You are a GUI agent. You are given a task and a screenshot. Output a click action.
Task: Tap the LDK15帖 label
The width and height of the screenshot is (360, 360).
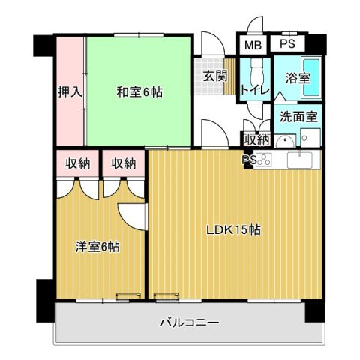tap(233, 230)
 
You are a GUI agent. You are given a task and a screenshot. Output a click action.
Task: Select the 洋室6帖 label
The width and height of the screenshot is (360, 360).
tap(97, 246)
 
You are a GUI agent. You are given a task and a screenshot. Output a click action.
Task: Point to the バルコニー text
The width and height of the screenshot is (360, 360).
tap(189, 323)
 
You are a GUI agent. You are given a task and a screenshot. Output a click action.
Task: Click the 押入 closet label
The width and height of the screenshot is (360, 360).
tap(69, 91)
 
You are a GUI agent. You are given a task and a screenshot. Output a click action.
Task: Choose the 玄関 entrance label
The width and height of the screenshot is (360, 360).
tap(214, 76)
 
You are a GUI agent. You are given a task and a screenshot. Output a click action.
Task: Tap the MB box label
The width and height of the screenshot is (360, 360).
tap(252, 44)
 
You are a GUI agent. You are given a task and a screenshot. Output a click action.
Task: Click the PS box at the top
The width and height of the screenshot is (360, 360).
tap(287, 44)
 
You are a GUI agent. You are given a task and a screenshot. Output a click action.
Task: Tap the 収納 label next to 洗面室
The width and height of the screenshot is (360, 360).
tap(256, 139)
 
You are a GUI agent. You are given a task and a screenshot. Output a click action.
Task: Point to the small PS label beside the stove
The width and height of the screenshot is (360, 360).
tap(247, 159)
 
